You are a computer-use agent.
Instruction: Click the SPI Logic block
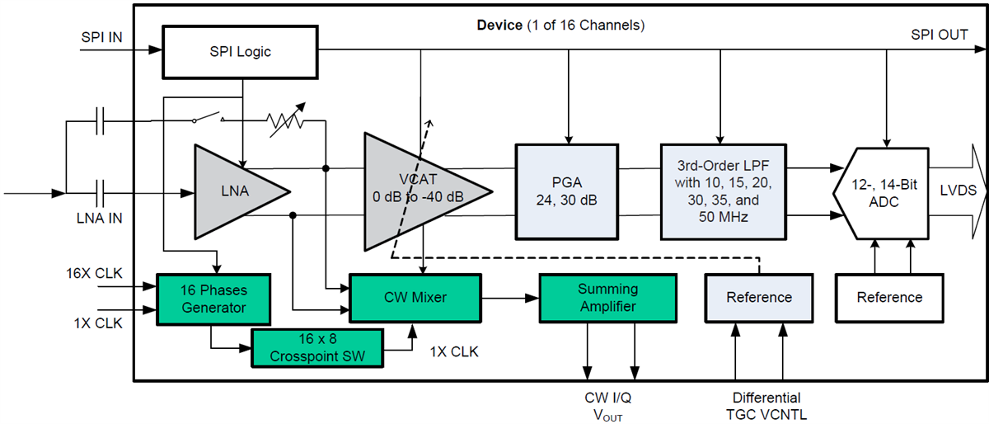tap(240, 51)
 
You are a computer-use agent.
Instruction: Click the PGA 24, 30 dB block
tap(566, 191)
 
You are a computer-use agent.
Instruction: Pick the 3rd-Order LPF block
tap(719, 191)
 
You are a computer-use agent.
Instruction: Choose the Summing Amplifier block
tap(607, 297)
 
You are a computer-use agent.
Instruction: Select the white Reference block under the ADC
tap(889, 297)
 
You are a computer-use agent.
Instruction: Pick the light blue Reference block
tap(759, 297)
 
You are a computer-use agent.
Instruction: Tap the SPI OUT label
tap(939, 35)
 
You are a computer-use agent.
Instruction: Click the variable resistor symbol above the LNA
tap(284, 121)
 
